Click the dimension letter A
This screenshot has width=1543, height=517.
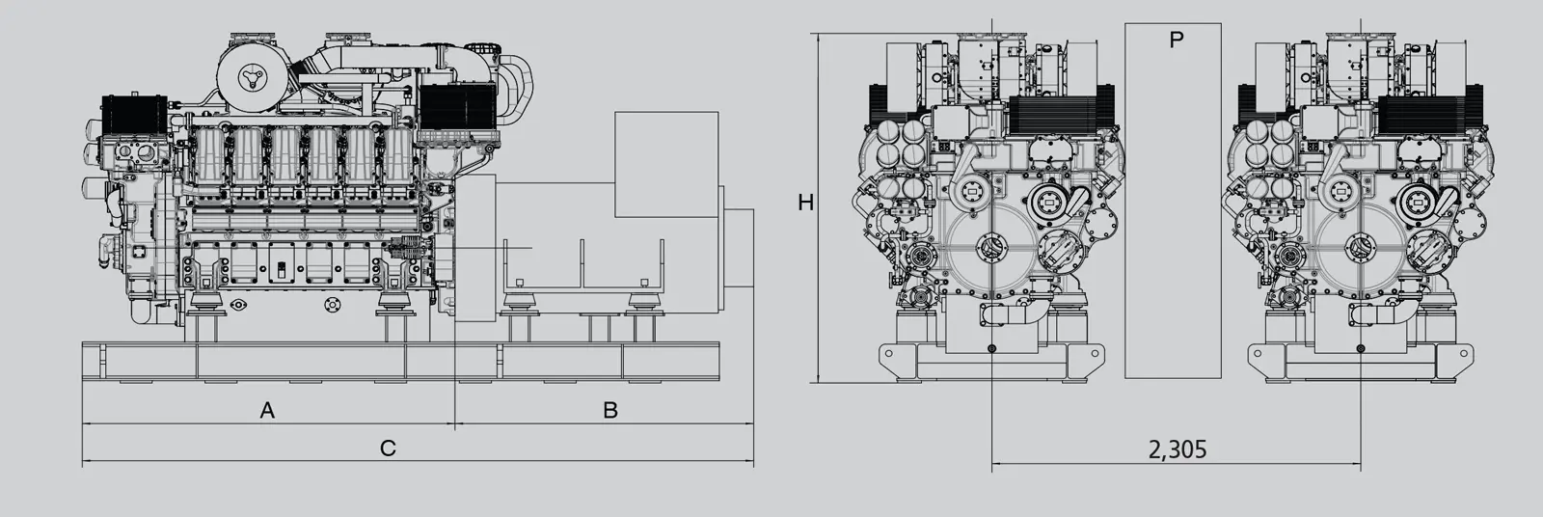pyautogui.click(x=267, y=410)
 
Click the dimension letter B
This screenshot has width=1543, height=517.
pyautogui.click(x=610, y=410)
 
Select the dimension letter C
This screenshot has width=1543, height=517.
pyautogui.click(x=388, y=449)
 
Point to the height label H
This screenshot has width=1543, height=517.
pyautogui.click(x=805, y=203)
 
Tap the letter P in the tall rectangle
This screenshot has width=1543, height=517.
pyautogui.click(x=1177, y=40)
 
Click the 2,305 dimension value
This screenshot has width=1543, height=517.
pyautogui.click(x=1178, y=449)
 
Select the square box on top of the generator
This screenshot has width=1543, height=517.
pyautogui.click(x=666, y=164)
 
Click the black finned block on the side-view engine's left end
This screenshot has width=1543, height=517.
pyautogui.click(x=135, y=115)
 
